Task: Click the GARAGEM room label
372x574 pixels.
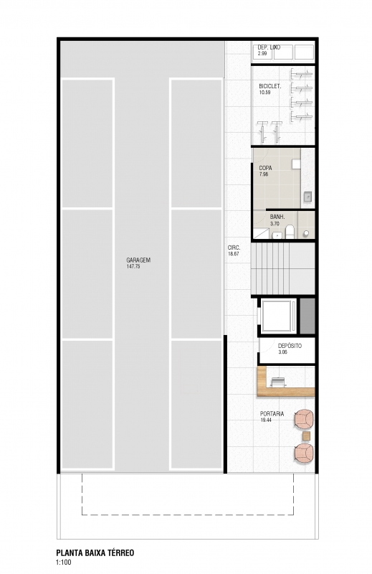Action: (138, 260)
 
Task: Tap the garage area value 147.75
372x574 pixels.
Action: (133, 266)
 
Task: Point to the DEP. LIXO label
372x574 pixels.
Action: (269, 47)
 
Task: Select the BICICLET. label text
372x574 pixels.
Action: (270, 86)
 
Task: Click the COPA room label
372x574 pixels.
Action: (265, 168)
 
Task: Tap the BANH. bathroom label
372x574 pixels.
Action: (277, 217)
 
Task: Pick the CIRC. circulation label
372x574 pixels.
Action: (234, 248)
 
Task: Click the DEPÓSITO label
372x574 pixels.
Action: (290, 346)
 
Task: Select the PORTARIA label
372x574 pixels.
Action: (272, 414)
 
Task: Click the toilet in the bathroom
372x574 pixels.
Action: (290, 232)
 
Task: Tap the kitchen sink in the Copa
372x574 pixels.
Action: (307, 197)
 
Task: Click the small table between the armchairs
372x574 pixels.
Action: (306, 436)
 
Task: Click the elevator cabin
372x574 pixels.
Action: (278, 316)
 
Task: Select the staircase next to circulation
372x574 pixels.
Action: (282, 268)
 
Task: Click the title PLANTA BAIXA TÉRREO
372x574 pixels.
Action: (95, 552)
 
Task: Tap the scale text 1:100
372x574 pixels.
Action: (64, 563)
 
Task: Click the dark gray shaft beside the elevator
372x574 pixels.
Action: (307, 316)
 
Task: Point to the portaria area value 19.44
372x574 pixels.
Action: (266, 420)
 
